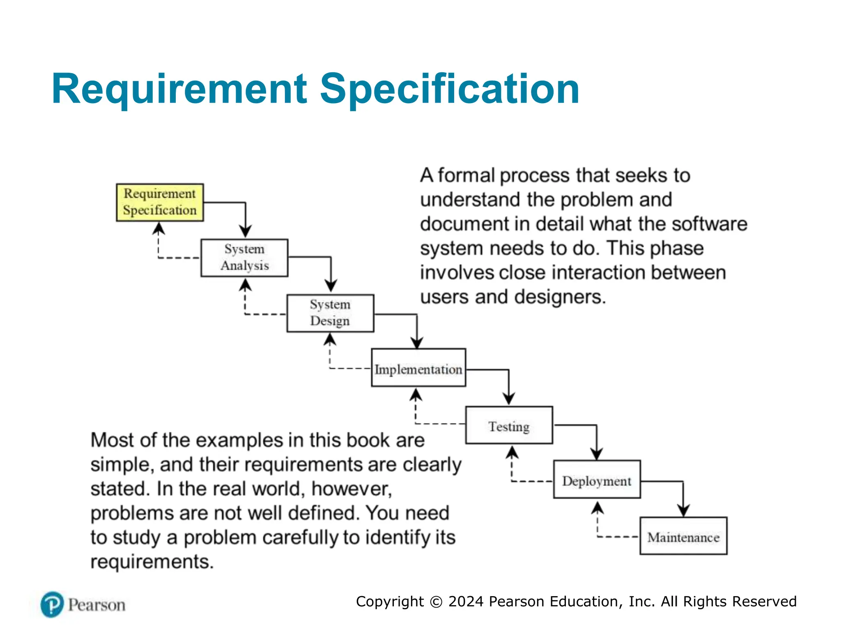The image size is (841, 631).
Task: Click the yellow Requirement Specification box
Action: point(160,202)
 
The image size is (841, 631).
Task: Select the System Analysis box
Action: point(244,258)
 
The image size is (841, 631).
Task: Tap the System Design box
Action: point(330,313)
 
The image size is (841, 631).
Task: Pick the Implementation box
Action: point(418,368)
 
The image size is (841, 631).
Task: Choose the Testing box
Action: point(509,425)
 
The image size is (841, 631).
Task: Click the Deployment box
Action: point(597,479)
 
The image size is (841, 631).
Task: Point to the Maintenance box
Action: point(683,536)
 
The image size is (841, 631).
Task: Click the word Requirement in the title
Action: point(179,89)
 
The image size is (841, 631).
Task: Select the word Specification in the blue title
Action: point(449,89)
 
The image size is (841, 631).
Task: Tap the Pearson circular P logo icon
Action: point(52,604)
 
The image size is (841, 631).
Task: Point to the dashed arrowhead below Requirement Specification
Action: point(159,228)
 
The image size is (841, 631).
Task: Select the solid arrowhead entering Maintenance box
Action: point(683,511)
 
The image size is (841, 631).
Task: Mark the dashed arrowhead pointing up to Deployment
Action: point(597,508)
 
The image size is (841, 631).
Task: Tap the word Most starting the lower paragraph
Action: point(112,440)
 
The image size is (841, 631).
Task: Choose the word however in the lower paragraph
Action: point(351,489)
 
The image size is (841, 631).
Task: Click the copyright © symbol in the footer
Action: point(436,602)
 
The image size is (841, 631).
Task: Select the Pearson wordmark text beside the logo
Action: point(97,605)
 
